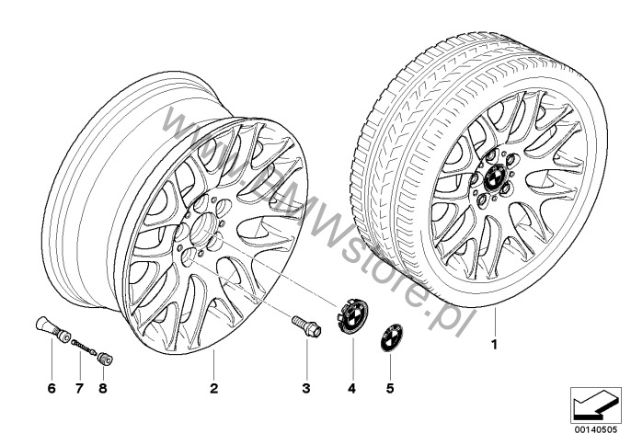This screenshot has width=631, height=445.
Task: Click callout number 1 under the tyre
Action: coord(495,345)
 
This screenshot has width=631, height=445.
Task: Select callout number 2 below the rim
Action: coord(213,388)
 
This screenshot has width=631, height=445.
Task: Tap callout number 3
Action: coord(306,388)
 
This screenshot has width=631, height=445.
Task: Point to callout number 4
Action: coord(352,388)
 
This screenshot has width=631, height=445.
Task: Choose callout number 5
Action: coord(390,388)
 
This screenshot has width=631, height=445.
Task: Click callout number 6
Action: coord(52,388)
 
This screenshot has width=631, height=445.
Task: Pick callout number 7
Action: coord(79,388)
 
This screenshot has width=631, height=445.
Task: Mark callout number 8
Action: coord(103,388)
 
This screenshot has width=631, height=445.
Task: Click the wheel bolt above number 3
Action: coord(306,326)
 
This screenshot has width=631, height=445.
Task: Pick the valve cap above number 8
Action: coord(105,358)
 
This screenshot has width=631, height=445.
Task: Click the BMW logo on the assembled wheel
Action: coord(494,177)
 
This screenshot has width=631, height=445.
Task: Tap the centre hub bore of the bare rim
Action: coord(202,227)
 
